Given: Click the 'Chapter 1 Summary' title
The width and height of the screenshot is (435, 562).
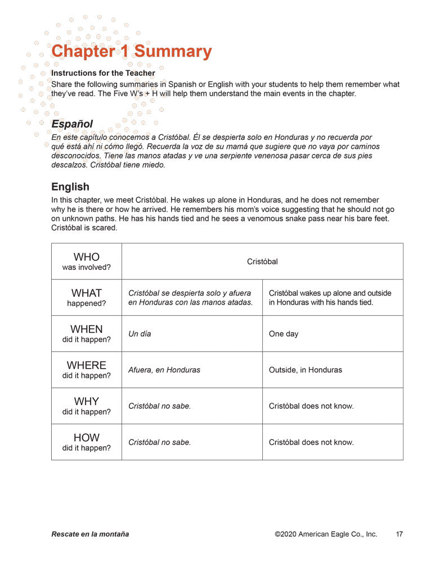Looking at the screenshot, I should [131, 52].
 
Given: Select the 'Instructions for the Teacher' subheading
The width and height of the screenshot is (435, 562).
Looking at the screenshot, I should [104, 73].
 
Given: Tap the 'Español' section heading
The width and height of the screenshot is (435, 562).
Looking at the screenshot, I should [72, 124].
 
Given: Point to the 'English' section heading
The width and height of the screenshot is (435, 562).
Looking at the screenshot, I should [70, 187].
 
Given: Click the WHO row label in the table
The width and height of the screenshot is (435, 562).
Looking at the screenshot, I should [87, 261].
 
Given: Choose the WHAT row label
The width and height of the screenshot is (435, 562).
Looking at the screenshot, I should [87, 297].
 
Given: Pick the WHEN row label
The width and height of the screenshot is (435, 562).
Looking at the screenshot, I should [87, 333].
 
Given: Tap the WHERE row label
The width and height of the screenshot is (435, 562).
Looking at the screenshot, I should [87, 370].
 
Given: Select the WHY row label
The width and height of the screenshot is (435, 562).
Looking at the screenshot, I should [87, 406].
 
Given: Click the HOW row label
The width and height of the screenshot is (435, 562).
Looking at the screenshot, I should [87, 442].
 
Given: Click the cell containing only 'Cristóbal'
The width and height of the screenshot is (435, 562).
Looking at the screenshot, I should [262, 261].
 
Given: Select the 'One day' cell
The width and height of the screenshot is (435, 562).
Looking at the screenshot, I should [284, 334].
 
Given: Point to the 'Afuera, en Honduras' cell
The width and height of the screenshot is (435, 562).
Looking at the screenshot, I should [164, 370].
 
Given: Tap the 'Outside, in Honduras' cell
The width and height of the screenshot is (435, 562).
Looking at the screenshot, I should [306, 370].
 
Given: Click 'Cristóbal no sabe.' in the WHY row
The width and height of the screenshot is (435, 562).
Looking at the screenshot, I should [160, 406].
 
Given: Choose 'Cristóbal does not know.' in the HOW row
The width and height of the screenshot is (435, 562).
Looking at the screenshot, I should [311, 442].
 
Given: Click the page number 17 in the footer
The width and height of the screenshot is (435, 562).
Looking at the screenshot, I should [399, 534].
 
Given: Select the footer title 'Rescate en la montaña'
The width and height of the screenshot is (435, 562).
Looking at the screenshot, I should [90, 534].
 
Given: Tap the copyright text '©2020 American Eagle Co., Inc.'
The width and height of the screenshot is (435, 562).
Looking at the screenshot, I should [326, 534].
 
